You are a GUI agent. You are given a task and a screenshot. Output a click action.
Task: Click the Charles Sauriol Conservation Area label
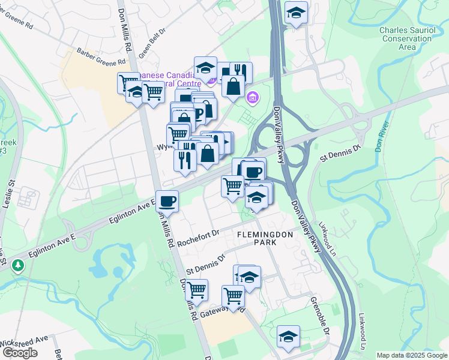pos(407,37)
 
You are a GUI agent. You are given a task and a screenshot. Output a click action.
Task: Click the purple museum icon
pos(253,97)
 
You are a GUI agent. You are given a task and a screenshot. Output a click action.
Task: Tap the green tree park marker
pos(19,265)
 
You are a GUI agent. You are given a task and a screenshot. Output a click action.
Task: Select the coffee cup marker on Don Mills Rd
pos(167,201)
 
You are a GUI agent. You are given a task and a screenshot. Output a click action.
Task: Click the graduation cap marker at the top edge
pos(295,13)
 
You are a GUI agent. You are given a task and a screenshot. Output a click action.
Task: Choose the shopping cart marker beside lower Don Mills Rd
pos(196,290)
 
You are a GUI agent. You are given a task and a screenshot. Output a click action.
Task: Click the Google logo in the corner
pos(20,352)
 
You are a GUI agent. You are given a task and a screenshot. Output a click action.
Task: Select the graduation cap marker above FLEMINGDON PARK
pos(256,197)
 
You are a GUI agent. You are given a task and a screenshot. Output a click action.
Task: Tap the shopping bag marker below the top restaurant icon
pos(233,86)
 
